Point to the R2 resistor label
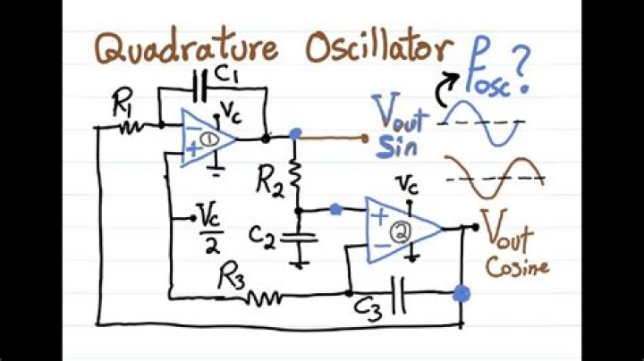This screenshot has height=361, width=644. [x=269, y=184]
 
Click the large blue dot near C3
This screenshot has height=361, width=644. [x=462, y=292]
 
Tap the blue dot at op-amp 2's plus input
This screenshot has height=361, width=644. [x=335, y=210]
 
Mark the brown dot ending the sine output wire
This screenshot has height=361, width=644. [x=365, y=138]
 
